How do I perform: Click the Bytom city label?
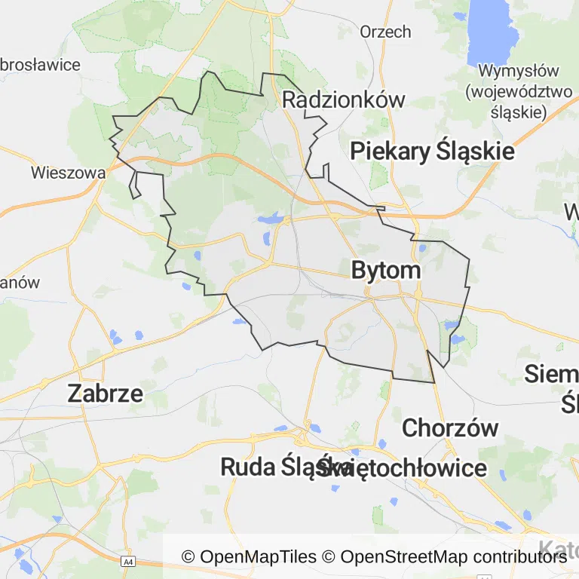(385, 271)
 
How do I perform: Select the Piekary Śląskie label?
(432, 151)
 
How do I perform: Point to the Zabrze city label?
(106, 393)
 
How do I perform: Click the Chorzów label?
(450, 427)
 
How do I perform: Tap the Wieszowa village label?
(68, 173)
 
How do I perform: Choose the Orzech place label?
(385, 32)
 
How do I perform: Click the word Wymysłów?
(519, 72)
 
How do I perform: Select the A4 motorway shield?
(128, 562)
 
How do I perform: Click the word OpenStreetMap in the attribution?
(403, 557)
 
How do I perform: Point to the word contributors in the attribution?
(519, 557)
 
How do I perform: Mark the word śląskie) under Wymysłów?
(518, 112)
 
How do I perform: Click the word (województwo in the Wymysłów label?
(519, 92)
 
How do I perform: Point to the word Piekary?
(391, 151)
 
